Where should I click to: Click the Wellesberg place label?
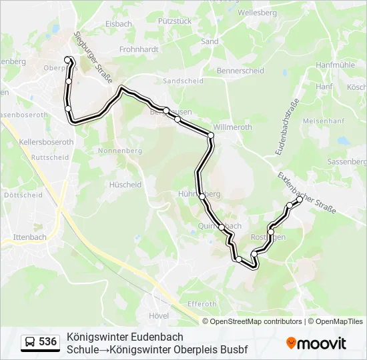tap(257, 13)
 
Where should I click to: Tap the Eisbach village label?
tap(119, 23)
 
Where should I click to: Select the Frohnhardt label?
tap(139, 49)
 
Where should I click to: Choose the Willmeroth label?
tap(232, 127)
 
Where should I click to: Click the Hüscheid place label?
tap(125, 185)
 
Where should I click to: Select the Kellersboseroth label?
tap(46, 142)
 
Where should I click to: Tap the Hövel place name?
tap(159, 315)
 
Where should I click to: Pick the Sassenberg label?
tap(347, 162)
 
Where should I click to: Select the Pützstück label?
tap(175, 21)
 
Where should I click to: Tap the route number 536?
tap(48, 342)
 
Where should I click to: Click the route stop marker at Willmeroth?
tap(211, 135)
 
